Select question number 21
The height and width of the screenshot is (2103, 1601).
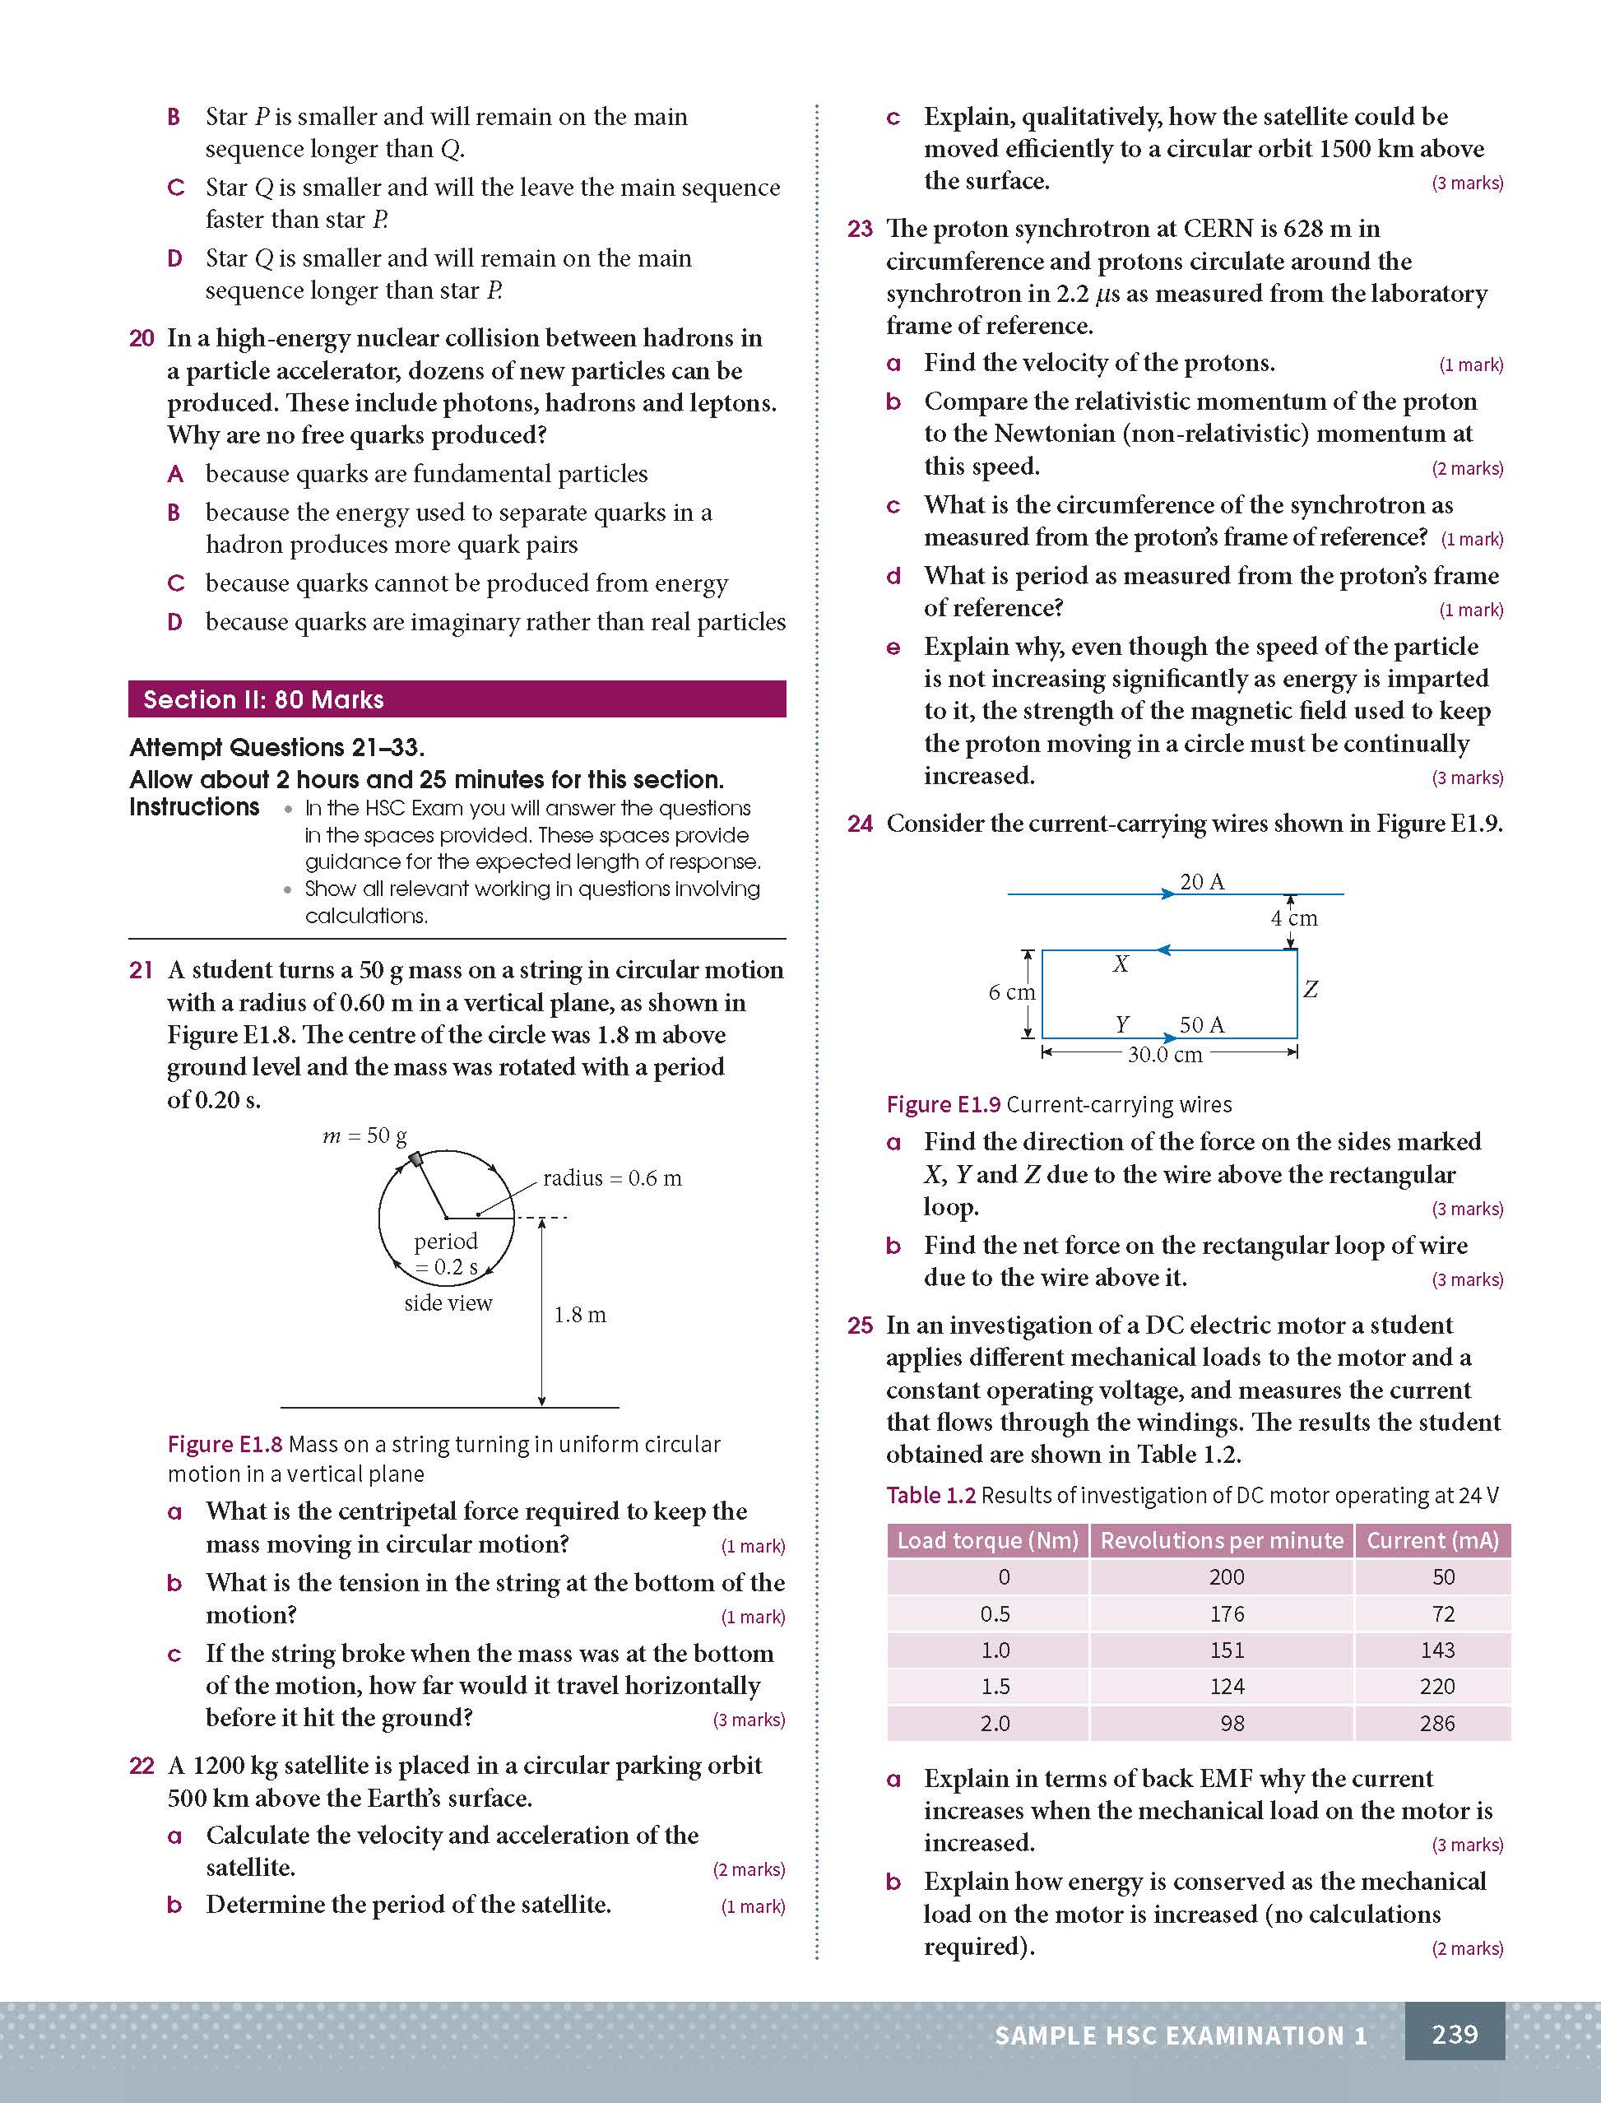(141, 970)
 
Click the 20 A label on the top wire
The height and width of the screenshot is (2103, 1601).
(1202, 881)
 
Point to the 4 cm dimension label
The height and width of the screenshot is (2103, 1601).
(1293, 918)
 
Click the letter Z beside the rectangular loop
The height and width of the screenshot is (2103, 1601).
(1311, 990)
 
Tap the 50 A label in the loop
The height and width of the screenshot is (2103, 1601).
(1202, 1024)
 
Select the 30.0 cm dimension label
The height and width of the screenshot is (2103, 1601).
(1164, 1055)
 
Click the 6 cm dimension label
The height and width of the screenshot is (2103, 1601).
(1011, 992)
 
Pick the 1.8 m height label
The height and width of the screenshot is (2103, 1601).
(579, 1315)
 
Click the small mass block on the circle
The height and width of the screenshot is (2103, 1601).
(415, 1158)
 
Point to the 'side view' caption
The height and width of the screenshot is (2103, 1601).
(448, 1302)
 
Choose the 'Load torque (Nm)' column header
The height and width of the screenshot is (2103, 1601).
(987, 1540)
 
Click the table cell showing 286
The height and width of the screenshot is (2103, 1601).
(1436, 1723)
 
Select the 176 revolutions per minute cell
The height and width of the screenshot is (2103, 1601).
(1227, 1613)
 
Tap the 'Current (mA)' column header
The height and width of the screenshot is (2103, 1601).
(1432, 1540)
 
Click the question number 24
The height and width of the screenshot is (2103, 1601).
(860, 824)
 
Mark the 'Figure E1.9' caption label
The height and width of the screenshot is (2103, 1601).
(943, 1103)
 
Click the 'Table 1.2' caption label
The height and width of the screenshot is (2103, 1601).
(930, 1495)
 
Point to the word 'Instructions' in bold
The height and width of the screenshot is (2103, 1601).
(194, 807)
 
